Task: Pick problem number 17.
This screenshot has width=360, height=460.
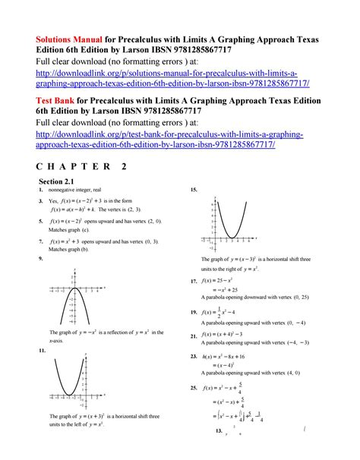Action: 195,281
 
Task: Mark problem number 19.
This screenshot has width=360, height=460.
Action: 195,312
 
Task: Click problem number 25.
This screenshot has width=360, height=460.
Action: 195,387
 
